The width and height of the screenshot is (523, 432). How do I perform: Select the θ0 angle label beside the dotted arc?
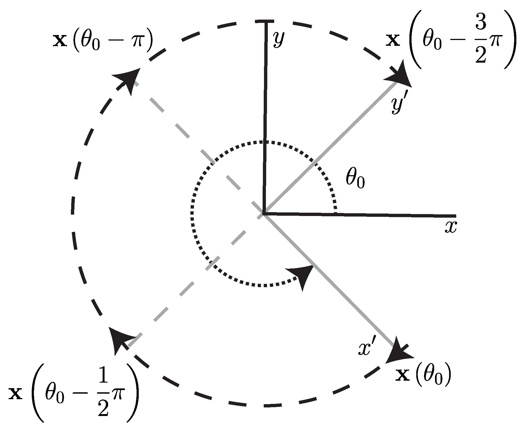click(355, 180)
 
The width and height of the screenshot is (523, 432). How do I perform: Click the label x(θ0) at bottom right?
click(423, 377)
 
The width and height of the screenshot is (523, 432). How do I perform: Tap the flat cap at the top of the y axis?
click(265, 21)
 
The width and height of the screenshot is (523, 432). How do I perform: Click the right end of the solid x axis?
click(455, 216)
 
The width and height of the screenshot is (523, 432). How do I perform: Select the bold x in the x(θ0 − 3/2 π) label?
click(392, 41)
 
